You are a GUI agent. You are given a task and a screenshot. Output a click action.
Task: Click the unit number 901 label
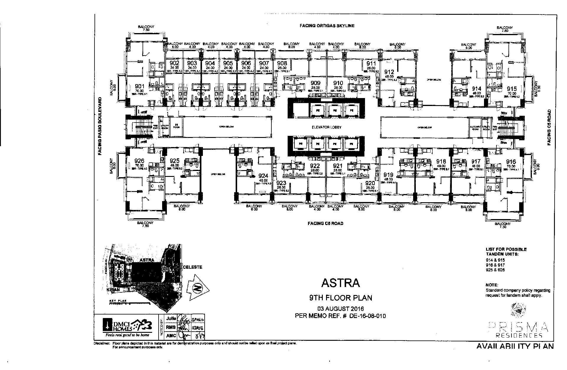pos(139,86)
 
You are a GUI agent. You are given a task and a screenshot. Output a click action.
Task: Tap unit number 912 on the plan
pos(389,72)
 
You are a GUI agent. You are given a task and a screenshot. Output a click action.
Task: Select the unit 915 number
pos(512,89)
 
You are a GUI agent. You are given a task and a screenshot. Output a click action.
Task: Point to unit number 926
pos(139,161)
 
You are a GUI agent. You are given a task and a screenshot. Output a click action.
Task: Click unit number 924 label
pos(263,176)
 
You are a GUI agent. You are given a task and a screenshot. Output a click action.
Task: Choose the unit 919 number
pos(388,175)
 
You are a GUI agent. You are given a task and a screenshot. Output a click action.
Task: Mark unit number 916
pos(511,162)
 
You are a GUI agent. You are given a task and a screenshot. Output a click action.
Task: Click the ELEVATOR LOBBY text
pos(326,127)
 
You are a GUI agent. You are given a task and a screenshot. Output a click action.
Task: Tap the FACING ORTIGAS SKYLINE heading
pos(327,26)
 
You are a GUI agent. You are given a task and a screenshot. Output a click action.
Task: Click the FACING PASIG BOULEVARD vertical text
pos(100,126)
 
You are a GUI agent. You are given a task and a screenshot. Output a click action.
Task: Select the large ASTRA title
pos(340,283)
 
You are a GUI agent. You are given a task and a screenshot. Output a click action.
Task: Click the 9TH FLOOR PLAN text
pos(340,298)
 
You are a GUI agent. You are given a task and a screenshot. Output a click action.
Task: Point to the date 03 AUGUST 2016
pos(340,309)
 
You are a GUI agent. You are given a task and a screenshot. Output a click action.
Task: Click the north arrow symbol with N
pos(198,288)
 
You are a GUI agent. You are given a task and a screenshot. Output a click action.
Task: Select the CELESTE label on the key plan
pos(193,267)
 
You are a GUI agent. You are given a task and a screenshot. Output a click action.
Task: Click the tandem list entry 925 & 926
pos(495,270)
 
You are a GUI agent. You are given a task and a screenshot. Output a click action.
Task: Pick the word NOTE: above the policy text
pos(492,285)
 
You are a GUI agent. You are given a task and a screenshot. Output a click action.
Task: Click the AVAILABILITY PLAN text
pos(515,346)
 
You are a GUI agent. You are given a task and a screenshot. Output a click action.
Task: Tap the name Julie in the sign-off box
pos(171,319)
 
